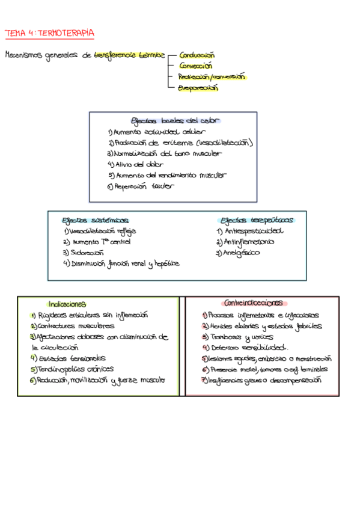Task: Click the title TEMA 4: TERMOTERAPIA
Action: (49, 32)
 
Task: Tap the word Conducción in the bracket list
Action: (196, 55)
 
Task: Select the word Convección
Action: (195, 66)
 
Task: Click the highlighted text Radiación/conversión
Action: (212, 76)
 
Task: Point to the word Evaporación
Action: (198, 88)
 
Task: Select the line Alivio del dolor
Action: (138, 164)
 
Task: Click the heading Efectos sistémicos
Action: (95, 220)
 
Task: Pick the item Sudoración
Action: (87, 253)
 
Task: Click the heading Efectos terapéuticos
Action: (257, 220)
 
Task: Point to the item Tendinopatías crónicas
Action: (75, 369)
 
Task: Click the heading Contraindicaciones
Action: (252, 303)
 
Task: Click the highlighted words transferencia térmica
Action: (129, 55)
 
